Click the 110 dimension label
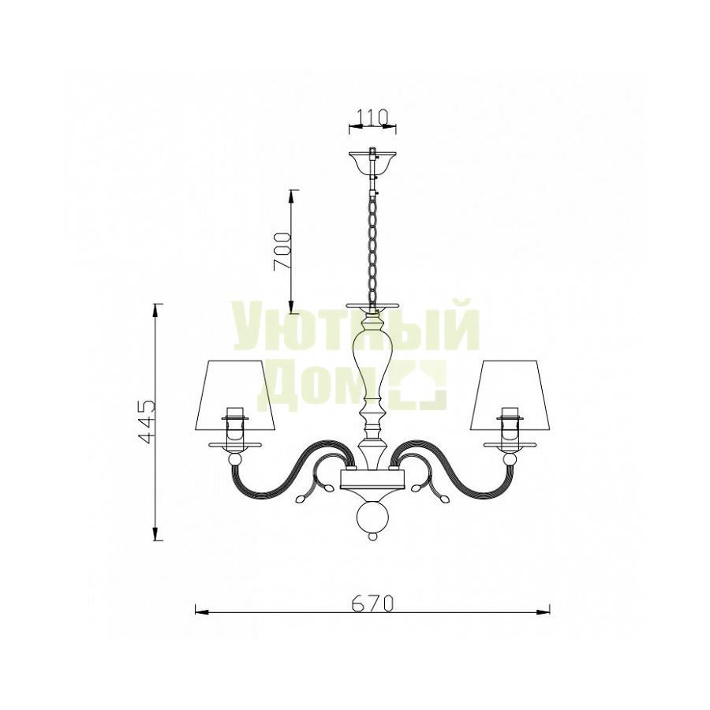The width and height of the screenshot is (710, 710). click(x=372, y=117)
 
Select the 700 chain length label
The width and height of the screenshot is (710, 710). click(x=282, y=252)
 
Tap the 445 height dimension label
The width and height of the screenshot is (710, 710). click(x=147, y=421)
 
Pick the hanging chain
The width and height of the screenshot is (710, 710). click(x=373, y=248)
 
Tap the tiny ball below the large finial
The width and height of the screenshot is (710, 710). click(x=372, y=536)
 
